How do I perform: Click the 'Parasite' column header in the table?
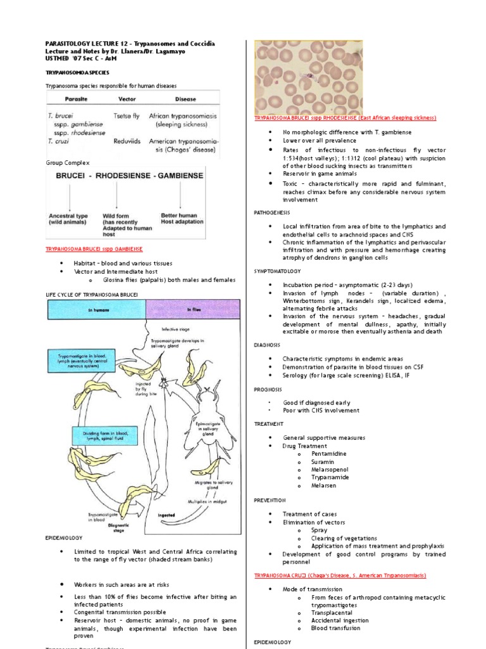click(x=75, y=99)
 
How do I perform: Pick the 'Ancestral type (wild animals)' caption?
click(x=67, y=219)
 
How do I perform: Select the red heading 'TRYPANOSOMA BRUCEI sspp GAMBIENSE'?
click(x=94, y=249)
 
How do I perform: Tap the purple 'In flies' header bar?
click(x=193, y=309)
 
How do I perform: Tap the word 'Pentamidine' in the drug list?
click(x=329, y=454)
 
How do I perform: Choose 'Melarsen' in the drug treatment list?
click(x=324, y=485)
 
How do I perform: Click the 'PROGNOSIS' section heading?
click(x=268, y=389)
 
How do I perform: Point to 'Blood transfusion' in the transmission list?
click(x=336, y=628)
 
